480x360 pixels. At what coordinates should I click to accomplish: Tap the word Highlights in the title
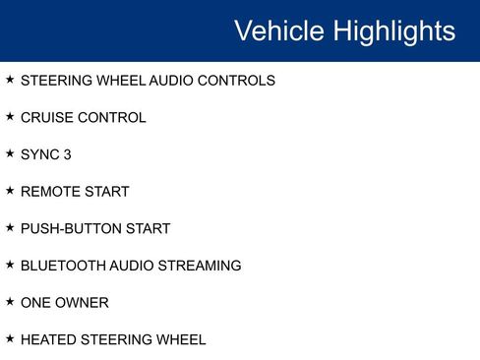click(393, 30)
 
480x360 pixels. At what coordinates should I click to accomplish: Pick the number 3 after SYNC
click(67, 154)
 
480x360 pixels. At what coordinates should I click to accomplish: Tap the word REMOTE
click(51, 192)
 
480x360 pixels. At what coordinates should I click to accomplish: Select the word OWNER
click(83, 303)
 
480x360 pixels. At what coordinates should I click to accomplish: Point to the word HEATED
click(48, 339)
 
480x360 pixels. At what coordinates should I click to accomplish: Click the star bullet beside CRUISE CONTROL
click(10, 117)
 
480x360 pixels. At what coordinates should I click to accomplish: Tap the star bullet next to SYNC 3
click(10, 153)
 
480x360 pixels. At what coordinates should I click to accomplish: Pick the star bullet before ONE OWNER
click(10, 302)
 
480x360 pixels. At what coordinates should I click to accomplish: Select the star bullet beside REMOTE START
click(10, 191)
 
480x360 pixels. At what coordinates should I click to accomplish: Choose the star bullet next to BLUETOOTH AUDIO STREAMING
click(10, 265)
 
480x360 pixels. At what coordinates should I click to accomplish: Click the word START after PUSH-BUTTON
click(150, 228)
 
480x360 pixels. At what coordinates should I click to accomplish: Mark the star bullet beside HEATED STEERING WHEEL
click(10, 338)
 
